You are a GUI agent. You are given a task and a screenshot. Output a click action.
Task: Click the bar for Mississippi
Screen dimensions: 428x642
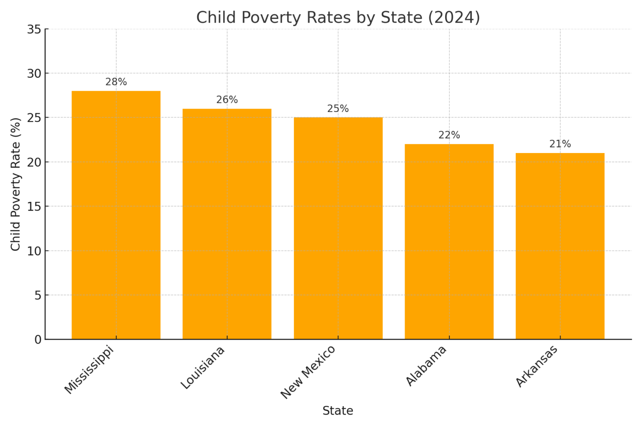(116, 215)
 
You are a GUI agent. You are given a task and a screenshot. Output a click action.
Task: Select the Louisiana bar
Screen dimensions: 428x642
(227, 224)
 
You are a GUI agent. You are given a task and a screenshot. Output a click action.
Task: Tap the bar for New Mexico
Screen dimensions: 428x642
(338, 228)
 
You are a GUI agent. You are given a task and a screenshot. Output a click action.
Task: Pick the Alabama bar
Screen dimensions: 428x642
(449, 242)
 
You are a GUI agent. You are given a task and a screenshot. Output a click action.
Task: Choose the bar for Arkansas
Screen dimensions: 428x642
(560, 246)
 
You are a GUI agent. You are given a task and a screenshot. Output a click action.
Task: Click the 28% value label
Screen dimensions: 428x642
(116, 82)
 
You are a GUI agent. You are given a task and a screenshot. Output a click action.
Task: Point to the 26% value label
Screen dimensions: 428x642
(227, 100)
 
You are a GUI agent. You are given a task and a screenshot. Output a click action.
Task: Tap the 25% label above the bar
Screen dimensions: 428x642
(338, 109)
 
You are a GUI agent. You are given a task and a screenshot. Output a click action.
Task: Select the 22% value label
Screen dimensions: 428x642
(449, 135)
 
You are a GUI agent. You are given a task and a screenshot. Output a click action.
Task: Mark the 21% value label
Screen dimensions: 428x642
(560, 144)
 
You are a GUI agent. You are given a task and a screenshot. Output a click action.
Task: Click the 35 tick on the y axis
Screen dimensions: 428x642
(34, 29)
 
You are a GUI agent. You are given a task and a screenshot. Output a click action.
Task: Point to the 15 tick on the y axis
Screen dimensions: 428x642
(34, 206)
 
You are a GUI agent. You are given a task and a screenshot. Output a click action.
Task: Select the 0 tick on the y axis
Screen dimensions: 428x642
(38, 339)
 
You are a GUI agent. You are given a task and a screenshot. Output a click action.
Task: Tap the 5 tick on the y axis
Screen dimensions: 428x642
(38, 296)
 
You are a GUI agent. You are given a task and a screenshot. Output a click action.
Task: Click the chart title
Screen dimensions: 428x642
(338, 18)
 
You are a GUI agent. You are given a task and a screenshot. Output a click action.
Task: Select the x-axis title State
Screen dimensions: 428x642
(338, 411)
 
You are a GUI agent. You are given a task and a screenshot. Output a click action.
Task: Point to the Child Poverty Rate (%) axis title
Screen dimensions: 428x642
(15, 184)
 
